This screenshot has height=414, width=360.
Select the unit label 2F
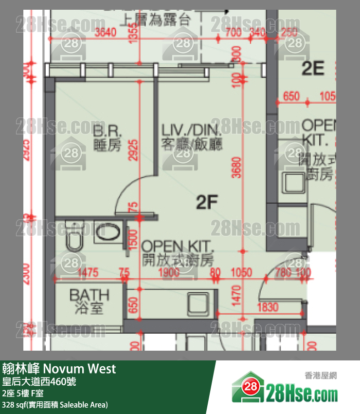[x=206, y=202]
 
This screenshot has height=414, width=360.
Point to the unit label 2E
[x=313, y=69]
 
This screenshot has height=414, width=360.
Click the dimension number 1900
[x=169, y=272]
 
